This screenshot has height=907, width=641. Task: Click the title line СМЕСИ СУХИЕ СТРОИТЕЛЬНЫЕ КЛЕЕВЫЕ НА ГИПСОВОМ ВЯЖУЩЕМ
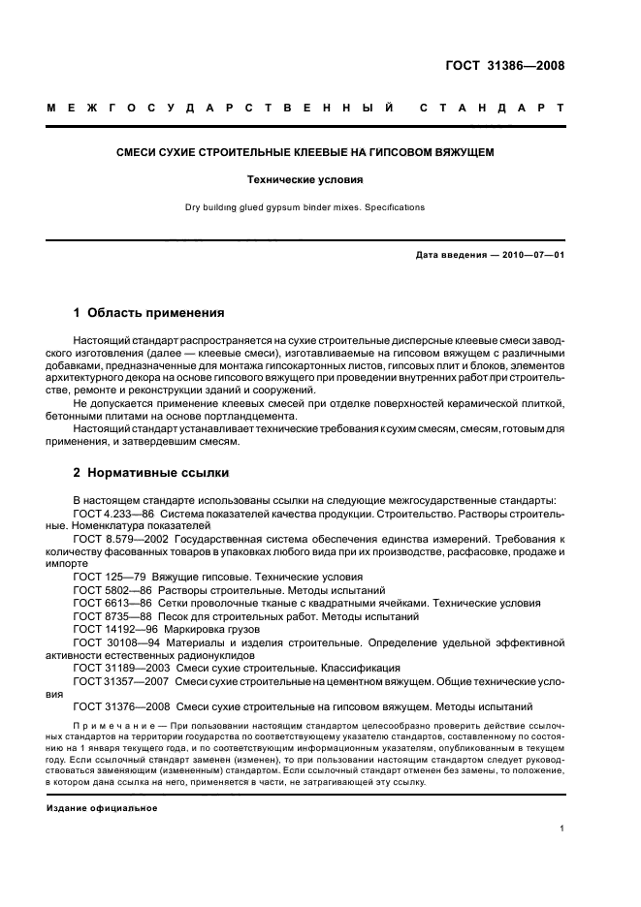(319, 153)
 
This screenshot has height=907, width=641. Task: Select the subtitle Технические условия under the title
(319, 179)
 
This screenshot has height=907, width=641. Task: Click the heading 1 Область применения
(149, 313)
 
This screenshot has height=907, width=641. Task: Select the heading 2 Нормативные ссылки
(151, 473)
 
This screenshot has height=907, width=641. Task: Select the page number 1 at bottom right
(561, 829)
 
